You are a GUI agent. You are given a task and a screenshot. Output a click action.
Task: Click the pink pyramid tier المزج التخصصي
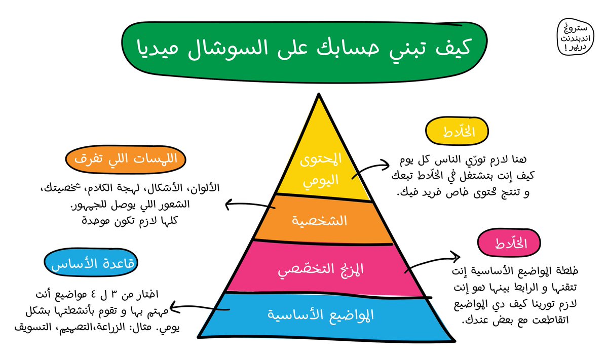click(324, 269)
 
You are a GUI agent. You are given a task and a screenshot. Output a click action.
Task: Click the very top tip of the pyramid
click(319, 95)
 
